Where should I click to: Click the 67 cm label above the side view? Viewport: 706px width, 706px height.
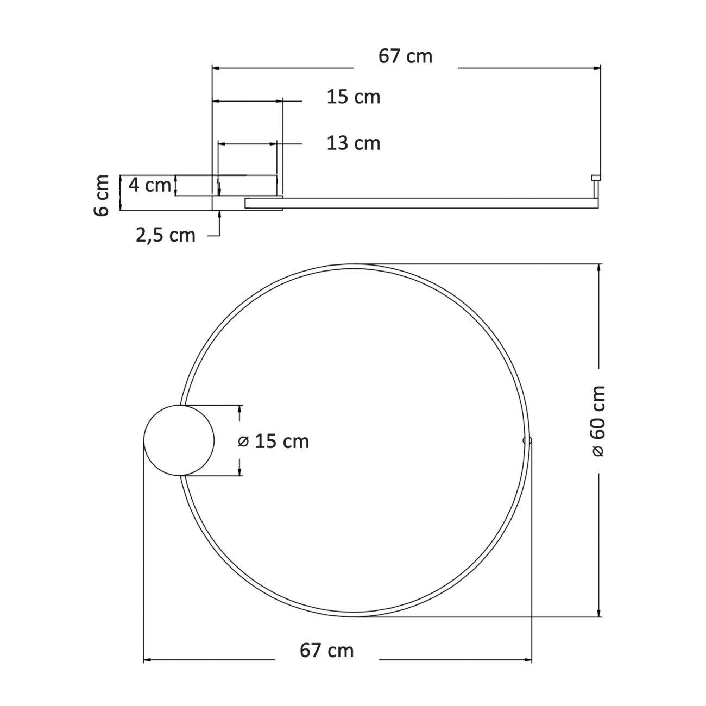[x=405, y=57]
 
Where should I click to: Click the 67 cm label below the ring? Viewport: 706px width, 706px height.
[x=326, y=650]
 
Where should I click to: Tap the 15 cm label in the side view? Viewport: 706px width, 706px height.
[x=354, y=97]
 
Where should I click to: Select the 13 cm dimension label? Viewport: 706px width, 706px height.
[x=354, y=143]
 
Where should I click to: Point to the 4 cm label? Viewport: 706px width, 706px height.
[x=149, y=185]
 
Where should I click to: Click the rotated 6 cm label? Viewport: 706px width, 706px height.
[x=102, y=196]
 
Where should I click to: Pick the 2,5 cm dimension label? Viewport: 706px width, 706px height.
[x=166, y=235]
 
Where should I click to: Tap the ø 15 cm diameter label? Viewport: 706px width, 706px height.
[x=274, y=442]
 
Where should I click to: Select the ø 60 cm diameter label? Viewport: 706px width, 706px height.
[x=598, y=420]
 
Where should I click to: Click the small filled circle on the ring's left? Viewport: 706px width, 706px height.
[x=179, y=440]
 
